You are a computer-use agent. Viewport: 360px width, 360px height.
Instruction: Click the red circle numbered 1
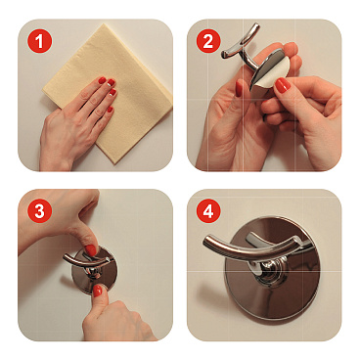40,41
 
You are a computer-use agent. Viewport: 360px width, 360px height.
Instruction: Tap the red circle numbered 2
208,41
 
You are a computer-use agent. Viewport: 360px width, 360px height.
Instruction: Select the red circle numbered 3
40,211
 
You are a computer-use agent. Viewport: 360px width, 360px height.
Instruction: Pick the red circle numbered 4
208,211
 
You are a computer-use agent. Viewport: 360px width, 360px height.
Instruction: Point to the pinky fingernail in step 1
110,109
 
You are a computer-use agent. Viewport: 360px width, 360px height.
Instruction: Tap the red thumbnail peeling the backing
283,85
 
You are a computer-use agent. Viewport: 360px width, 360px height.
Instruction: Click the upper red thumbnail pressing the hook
91,250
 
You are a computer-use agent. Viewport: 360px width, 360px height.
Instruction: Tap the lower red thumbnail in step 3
97,291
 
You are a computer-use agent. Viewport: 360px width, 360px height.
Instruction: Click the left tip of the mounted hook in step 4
204,242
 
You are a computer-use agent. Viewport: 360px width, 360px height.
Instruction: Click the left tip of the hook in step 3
65,258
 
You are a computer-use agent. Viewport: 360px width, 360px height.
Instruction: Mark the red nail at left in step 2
239,88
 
